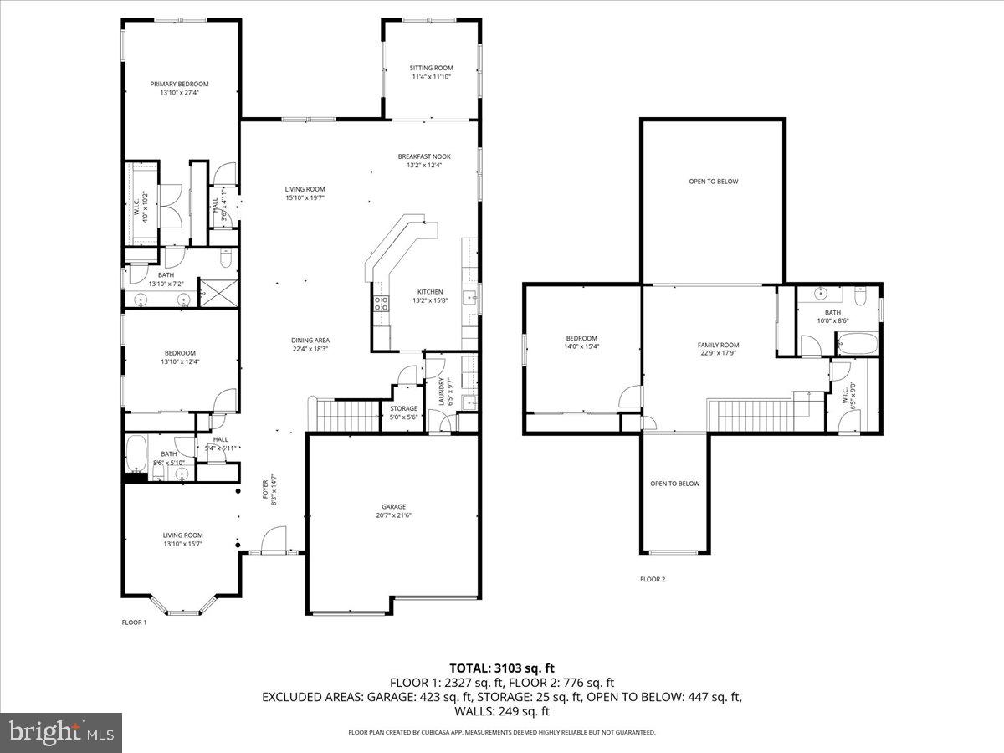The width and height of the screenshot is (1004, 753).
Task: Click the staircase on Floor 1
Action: click(x=346, y=414)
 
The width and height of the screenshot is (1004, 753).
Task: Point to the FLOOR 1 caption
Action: click(x=134, y=622)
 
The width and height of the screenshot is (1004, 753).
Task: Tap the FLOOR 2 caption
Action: click(x=653, y=579)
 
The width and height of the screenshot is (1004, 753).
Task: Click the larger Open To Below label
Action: click(x=713, y=182)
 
